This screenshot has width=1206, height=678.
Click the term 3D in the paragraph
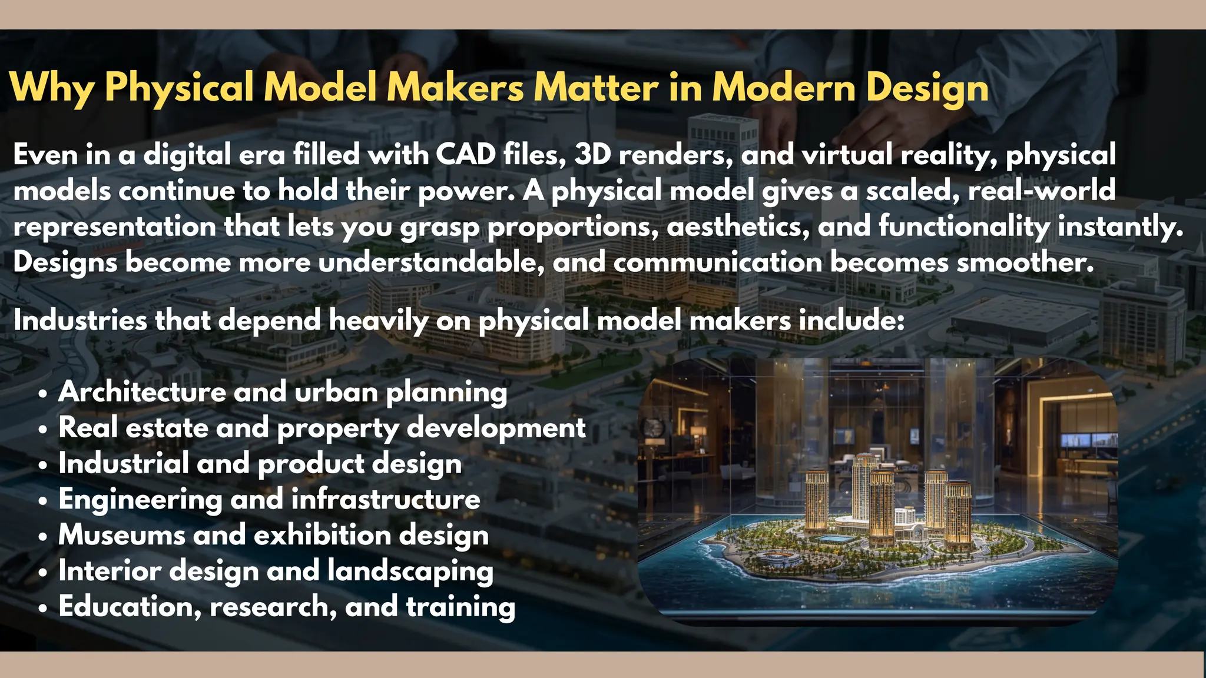pyautogui.click(x=592, y=155)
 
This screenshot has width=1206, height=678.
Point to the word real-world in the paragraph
pyautogui.click(x=1041, y=191)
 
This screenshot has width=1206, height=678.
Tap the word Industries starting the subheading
pyautogui.click(x=80, y=321)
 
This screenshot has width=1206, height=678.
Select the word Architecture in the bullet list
pyautogui.click(x=141, y=392)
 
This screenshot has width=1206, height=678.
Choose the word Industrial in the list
pyautogui.click(x=123, y=464)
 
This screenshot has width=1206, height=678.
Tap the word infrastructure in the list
pyautogui.click(x=386, y=500)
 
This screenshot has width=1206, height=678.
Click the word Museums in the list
pyautogui.click(x=121, y=536)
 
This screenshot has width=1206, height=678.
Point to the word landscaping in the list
pyautogui.click(x=410, y=572)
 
